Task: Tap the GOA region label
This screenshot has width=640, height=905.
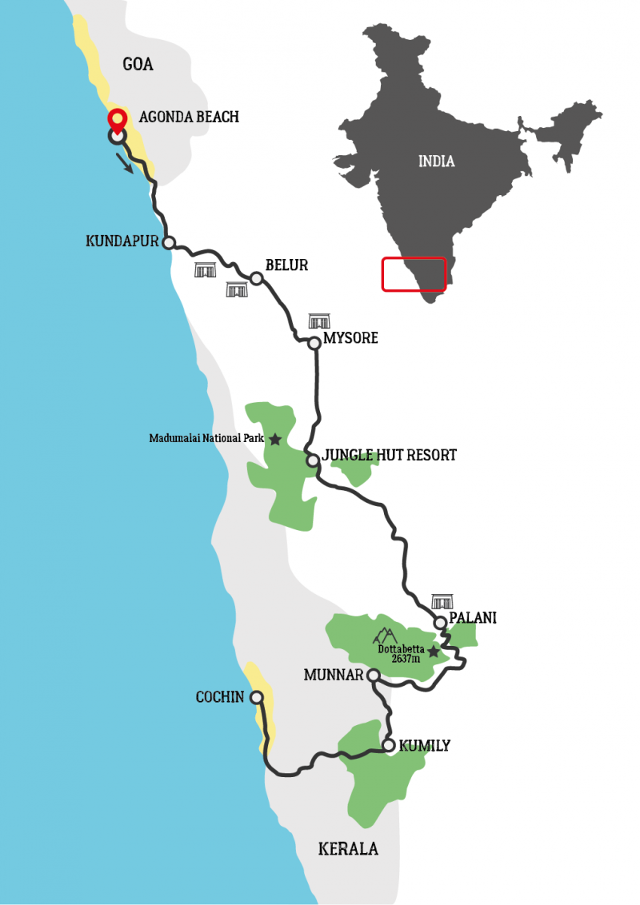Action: click(138, 65)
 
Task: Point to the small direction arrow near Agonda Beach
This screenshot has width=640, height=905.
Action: click(125, 163)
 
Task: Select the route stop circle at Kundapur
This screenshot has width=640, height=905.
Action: click(169, 242)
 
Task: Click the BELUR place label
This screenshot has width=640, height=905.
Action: click(287, 265)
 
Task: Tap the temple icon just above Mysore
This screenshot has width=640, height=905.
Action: click(319, 321)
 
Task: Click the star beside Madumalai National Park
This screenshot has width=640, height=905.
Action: click(275, 439)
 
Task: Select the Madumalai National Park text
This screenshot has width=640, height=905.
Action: click(206, 439)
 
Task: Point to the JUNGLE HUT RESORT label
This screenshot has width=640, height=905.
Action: click(389, 456)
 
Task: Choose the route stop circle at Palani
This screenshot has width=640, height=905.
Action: click(440, 623)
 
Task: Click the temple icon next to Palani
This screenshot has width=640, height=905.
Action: click(442, 601)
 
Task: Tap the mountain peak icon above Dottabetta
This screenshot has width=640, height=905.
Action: click(386, 636)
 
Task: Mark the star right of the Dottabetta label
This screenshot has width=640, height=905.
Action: click(433, 652)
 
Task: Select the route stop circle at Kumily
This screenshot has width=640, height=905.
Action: click(389, 746)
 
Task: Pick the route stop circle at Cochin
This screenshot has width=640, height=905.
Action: click(257, 697)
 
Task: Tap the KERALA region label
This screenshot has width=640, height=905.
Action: click(348, 849)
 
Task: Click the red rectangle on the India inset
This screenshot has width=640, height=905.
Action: click(414, 274)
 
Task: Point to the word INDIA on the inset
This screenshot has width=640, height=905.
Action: click(437, 161)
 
